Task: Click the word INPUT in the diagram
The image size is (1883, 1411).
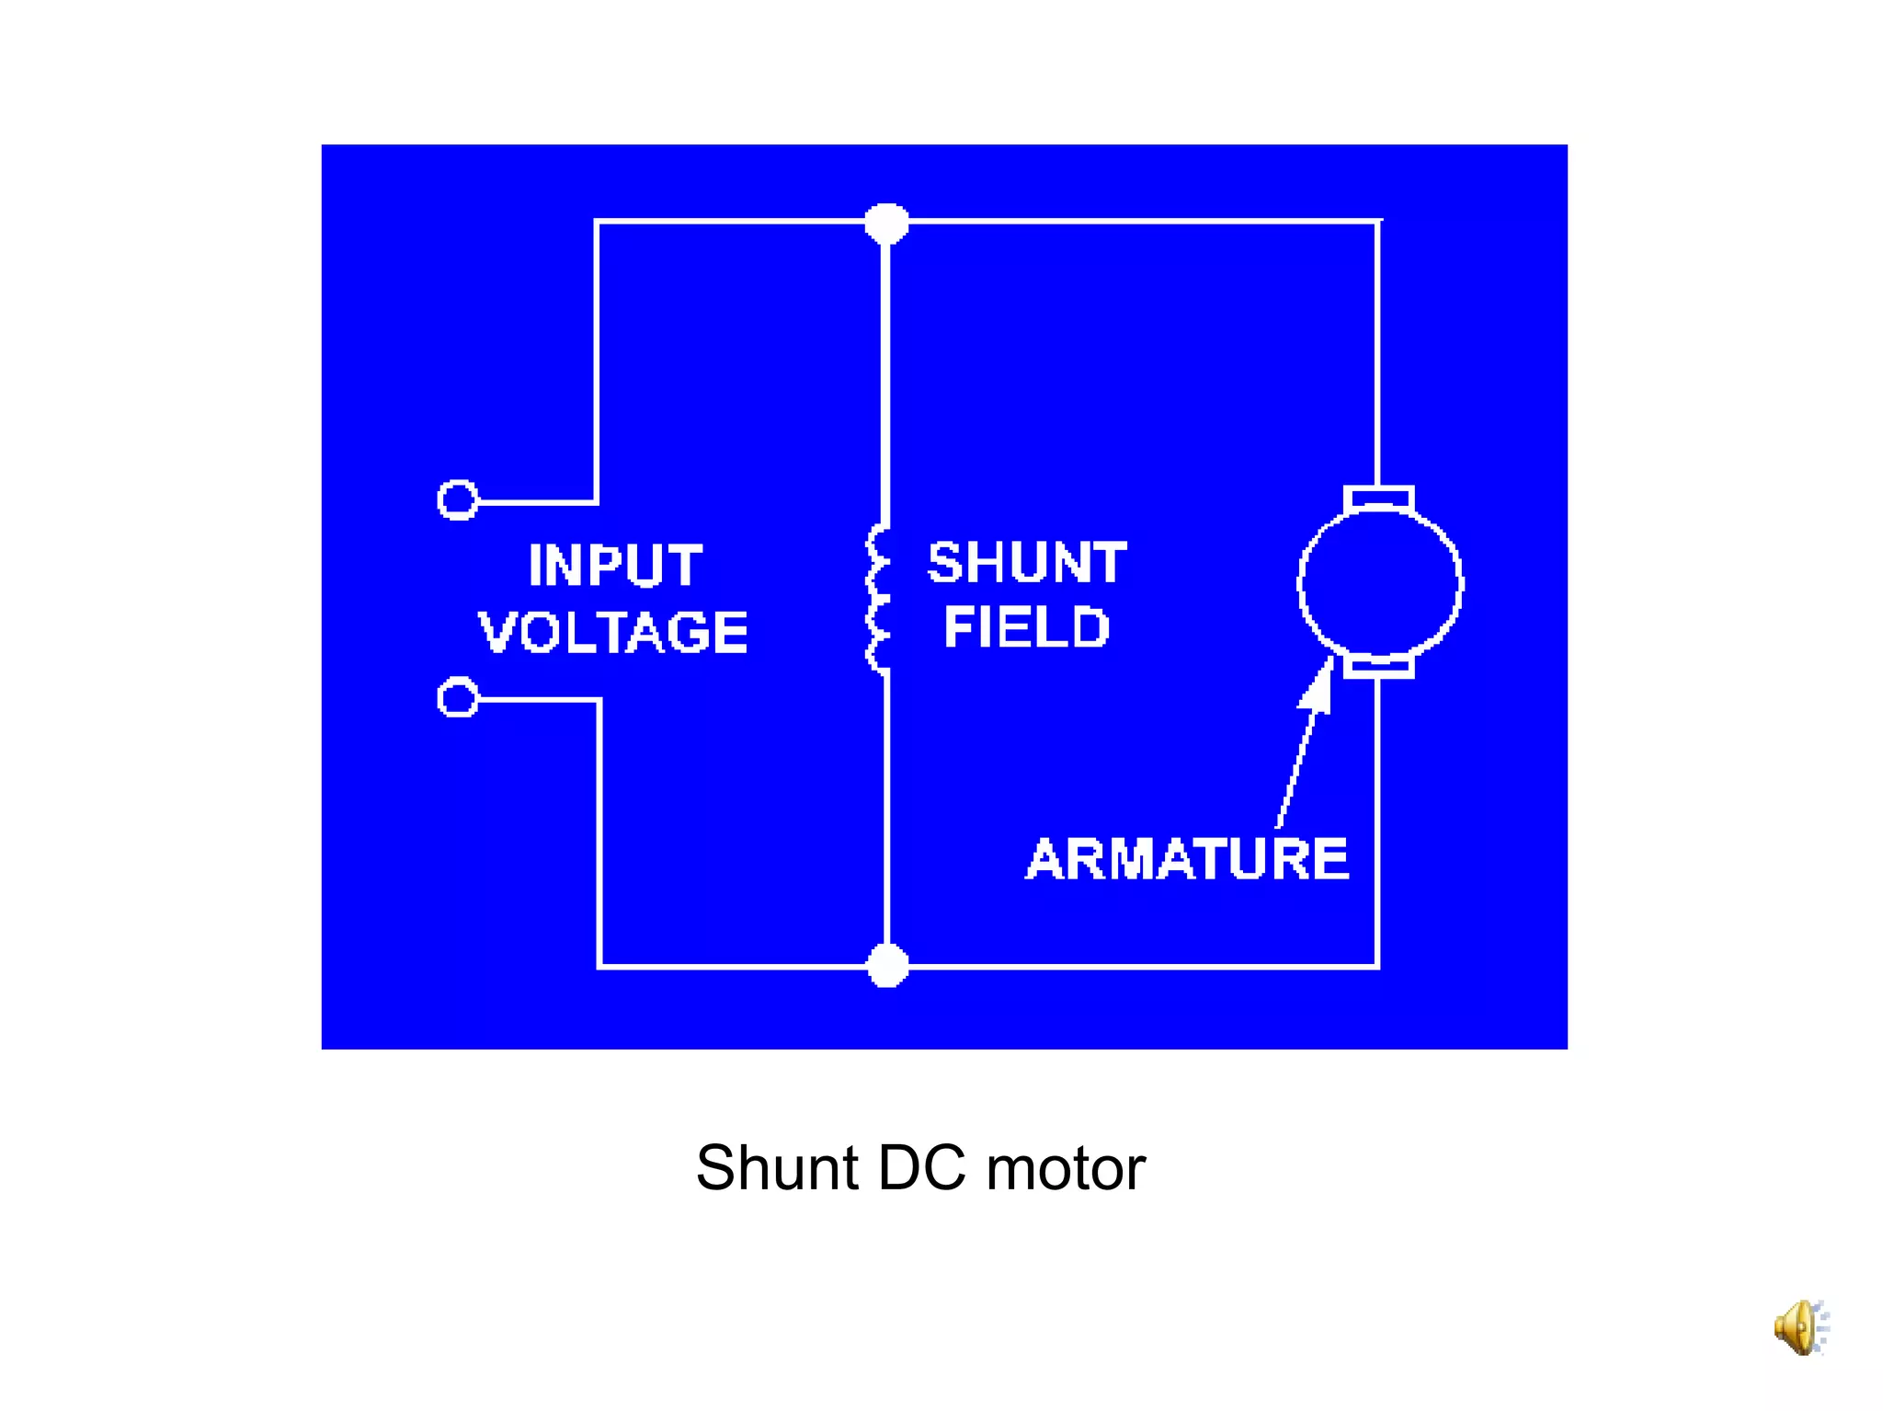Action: click(615, 565)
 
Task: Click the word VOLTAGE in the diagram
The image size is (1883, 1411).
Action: click(613, 632)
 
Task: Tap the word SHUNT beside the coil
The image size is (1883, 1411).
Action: click(1026, 562)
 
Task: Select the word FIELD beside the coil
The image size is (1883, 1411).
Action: click(1026, 627)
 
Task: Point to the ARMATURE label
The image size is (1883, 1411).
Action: click(1187, 859)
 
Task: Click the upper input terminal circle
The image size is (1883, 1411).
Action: click(457, 500)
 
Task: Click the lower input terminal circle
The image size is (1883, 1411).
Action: click(457, 698)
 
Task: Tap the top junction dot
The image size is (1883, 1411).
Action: click(886, 223)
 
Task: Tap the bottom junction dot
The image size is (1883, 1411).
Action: click(887, 966)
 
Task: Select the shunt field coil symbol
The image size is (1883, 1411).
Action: click(878, 599)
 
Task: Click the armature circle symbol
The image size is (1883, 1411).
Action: click(1380, 583)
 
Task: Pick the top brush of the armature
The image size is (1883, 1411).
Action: click(1378, 499)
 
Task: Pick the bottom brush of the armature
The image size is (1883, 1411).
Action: click(1378, 666)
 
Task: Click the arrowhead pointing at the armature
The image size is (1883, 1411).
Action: click(1320, 685)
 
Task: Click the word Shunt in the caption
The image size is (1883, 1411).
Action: click(777, 1168)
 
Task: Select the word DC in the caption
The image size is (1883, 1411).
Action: click(921, 1168)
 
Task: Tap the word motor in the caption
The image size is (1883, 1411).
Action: click(1066, 1168)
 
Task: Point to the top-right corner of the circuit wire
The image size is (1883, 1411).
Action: click(1377, 222)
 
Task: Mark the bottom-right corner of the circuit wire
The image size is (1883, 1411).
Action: click(1377, 966)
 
